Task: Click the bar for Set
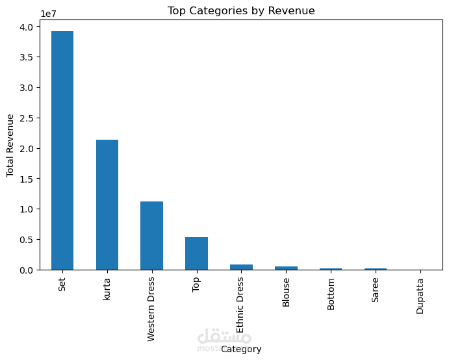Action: pos(62,150)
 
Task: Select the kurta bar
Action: pos(107,205)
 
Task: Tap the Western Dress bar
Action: pos(152,236)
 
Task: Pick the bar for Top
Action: pos(196,253)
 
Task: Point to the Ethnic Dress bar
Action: pos(242,267)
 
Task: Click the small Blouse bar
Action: pos(286,268)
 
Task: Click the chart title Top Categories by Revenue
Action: pos(241,10)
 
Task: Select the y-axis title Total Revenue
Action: pos(10,146)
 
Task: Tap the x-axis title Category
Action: pos(241,349)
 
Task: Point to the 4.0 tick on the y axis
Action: pos(27,27)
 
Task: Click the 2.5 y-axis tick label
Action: pos(27,118)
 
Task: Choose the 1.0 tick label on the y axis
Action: pos(27,209)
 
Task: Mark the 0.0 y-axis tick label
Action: pos(27,270)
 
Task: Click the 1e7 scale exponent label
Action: pos(48,14)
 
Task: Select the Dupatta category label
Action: pos(420,296)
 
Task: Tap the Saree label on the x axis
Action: pos(375,290)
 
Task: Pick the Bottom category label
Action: pos(331,294)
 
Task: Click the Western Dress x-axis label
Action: pos(151,309)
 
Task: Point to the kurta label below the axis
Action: pos(107,289)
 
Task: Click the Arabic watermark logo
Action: pos(224,337)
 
